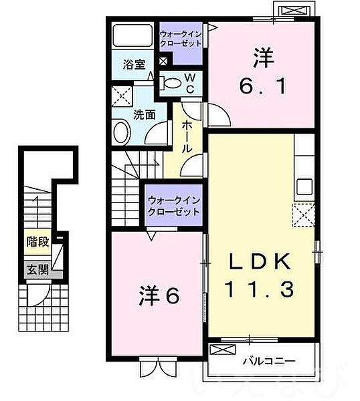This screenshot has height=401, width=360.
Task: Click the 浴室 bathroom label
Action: (x=134, y=64)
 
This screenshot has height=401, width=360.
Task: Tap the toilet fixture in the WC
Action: (x=172, y=83)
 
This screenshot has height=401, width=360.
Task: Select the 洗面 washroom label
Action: (x=145, y=114)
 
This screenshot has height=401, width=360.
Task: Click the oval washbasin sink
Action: (x=121, y=131)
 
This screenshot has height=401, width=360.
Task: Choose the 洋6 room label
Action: (x=159, y=295)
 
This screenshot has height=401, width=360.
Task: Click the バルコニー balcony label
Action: (x=269, y=362)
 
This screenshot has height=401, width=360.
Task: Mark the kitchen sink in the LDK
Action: (x=304, y=186)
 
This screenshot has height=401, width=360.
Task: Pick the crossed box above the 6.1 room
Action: (x=294, y=10)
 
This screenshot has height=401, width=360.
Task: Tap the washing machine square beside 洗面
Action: (x=121, y=96)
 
